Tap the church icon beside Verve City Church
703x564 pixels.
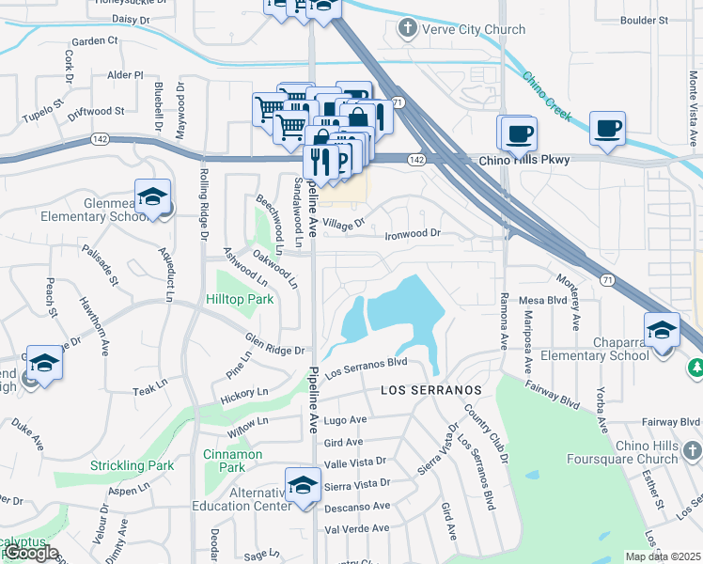(407, 29)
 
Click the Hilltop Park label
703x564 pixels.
(240, 299)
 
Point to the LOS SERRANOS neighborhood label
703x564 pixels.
(431, 389)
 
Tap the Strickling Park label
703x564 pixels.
(133, 465)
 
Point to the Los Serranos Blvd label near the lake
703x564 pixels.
(366, 368)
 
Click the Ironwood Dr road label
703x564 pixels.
(413, 233)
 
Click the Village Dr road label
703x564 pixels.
(343, 225)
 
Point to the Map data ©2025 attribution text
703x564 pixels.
(664, 556)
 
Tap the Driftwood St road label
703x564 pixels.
(96, 112)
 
